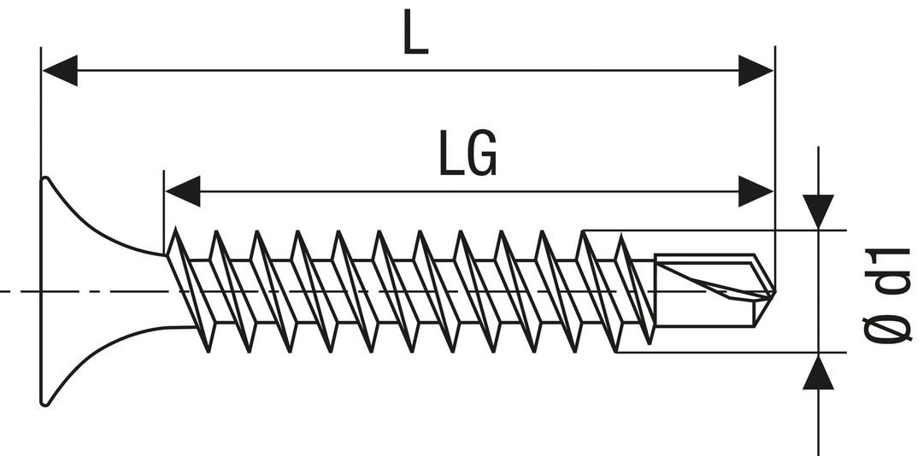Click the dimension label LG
(467, 154)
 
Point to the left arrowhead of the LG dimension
(182, 191)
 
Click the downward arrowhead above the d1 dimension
(818, 210)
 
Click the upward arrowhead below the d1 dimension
(818, 372)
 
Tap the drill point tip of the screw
(773, 292)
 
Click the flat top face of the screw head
(42, 290)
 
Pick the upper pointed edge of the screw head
(46, 179)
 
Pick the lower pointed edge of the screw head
(46, 402)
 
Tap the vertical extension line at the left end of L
(41, 111)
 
